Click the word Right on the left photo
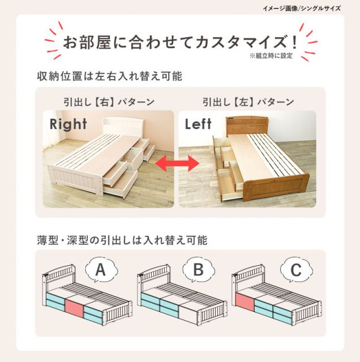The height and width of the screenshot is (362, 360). coord(68,124)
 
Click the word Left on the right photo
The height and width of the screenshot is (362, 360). coord(198,124)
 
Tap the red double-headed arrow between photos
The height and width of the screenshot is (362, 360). coord(177,163)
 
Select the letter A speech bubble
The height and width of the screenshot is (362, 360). coord(101,270)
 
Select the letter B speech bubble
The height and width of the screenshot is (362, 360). coord(199,270)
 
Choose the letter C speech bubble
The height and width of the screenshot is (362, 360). coord(296,270)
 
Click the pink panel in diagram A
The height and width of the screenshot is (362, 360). coord(74,308)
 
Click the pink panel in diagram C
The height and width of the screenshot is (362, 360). coord(245,301)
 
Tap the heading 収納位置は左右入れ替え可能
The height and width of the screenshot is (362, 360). coord(109,76)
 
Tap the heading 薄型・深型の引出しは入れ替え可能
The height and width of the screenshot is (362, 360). coord(122,240)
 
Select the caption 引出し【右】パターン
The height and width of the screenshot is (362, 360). coord(109,102)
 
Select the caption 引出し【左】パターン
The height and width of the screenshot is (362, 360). coord(248,102)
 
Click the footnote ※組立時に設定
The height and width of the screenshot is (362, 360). coord(271,55)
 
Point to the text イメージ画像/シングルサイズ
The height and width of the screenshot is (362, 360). coord(302,8)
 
